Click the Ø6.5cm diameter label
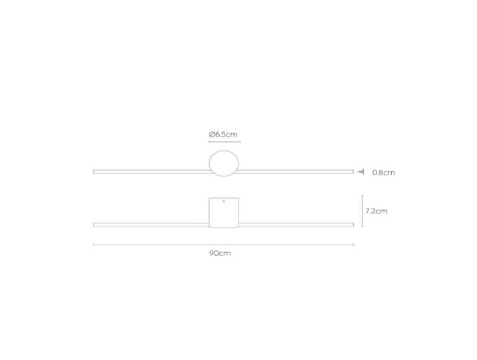tap(223, 134)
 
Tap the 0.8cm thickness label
tap(384, 173)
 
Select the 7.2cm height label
tap(376, 211)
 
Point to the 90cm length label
tap(220, 253)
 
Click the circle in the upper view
tap(209, 163)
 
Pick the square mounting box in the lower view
tap(209, 213)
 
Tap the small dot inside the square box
tap(224, 201)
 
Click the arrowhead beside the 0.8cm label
tap(360, 171)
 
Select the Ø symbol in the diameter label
tap(212, 134)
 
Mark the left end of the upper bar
tap(93, 171)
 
